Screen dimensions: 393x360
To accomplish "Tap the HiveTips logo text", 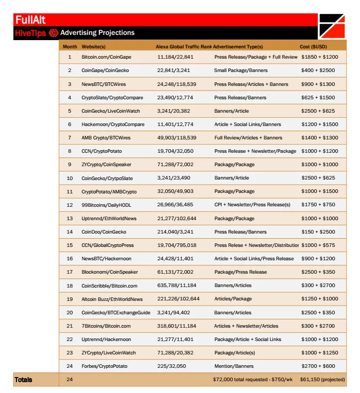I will (x=30, y=33).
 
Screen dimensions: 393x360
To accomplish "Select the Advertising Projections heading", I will (x=97, y=33).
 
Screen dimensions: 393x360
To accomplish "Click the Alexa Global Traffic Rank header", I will (x=183, y=47).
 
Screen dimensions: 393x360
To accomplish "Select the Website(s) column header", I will (x=94, y=47).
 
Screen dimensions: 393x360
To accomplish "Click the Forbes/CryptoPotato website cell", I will (x=104, y=366).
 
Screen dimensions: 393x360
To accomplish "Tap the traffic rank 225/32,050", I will (x=172, y=366).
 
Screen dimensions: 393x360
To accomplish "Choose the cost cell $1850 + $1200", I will (x=319, y=57).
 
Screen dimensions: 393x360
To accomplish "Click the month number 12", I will (x=70, y=205).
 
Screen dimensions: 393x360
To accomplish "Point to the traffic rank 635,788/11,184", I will (x=177, y=285).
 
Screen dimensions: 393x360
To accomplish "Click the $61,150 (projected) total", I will (x=322, y=380).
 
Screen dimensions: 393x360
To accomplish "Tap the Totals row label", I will (x=23, y=380).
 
